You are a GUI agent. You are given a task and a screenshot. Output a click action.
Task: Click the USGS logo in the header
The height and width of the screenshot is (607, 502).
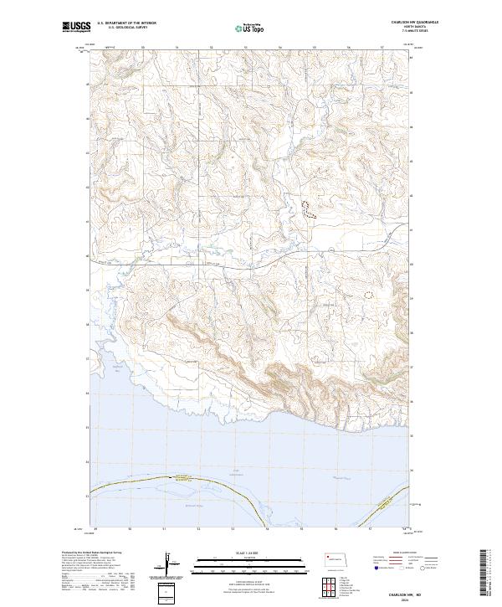click(76, 28)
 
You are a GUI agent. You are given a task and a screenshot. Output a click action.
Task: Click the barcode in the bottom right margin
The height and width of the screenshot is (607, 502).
click(485, 573)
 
